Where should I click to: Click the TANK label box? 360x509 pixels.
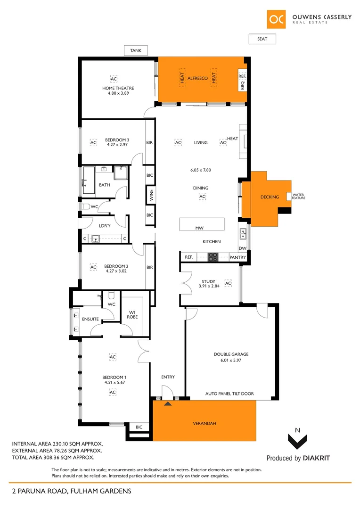point(136,50)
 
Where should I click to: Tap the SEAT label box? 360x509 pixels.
point(262,39)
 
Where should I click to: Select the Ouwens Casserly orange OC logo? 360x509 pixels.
point(276,19)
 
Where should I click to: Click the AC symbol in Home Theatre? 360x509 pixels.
point(114,78)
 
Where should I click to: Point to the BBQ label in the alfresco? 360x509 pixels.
point(242,86)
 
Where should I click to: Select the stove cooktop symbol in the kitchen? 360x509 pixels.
point(213,257)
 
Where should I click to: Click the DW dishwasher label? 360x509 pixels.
point(242,248)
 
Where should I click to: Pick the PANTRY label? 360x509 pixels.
point(237,257)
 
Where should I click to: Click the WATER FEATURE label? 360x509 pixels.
point(298,196)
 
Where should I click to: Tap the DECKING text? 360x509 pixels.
point(270,197)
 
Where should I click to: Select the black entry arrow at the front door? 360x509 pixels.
point(167,403)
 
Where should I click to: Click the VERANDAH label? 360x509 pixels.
point(204,423)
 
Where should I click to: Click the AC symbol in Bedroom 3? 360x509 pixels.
point(93,142)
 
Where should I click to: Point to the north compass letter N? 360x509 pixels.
point(296,430)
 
